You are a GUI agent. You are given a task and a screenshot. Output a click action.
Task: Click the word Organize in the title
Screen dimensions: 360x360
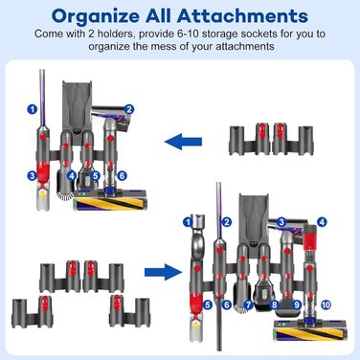(96, 16)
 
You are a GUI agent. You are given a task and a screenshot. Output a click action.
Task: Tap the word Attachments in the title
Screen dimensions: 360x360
(242, 15)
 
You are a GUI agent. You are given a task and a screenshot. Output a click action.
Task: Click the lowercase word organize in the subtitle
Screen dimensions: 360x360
(109, 47)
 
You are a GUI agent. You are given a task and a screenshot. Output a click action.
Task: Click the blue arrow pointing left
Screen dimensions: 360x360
(184, 141)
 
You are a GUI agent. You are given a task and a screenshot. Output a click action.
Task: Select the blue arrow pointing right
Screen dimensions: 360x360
(163, 272)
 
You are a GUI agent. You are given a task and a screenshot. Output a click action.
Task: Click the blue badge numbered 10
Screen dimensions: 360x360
(326, 304)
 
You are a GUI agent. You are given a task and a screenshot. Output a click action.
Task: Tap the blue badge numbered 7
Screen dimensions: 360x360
(248, 304)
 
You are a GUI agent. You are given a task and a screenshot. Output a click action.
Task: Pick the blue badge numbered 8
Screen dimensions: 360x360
(274, 304)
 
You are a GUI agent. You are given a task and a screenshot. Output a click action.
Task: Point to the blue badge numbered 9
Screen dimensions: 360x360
(297, 304)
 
